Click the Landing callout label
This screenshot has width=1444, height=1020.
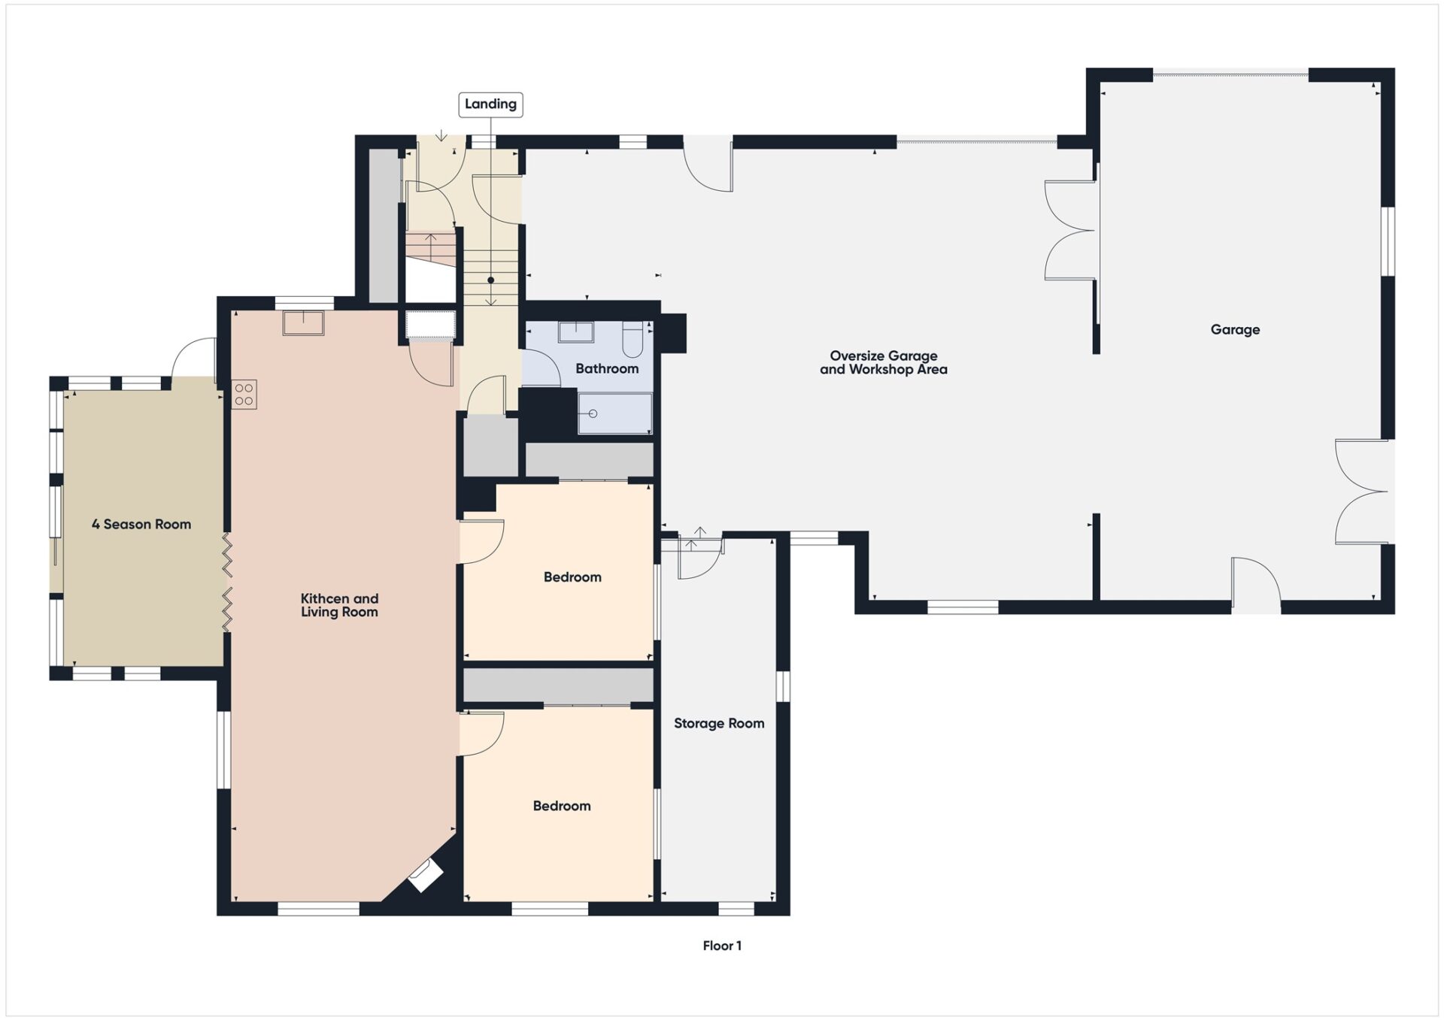490,104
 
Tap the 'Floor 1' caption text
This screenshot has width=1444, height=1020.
722,946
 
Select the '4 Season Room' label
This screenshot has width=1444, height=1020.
141,524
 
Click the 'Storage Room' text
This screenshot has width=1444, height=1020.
718,723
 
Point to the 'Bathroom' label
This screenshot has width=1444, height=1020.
606,368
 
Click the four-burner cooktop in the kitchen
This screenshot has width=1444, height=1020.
244,395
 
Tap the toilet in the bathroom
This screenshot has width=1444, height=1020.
633,340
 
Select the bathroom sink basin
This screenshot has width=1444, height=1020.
575,331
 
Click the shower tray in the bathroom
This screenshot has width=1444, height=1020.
614,413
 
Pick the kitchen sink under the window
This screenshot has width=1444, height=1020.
303,322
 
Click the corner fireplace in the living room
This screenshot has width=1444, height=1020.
425,876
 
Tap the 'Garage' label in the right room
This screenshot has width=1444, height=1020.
1235,329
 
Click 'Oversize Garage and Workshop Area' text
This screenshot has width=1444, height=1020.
883,362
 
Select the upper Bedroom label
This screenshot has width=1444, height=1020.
572,577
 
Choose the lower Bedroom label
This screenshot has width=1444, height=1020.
562,806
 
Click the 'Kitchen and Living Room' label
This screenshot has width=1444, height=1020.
339,605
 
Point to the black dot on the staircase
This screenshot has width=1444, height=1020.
490,280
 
